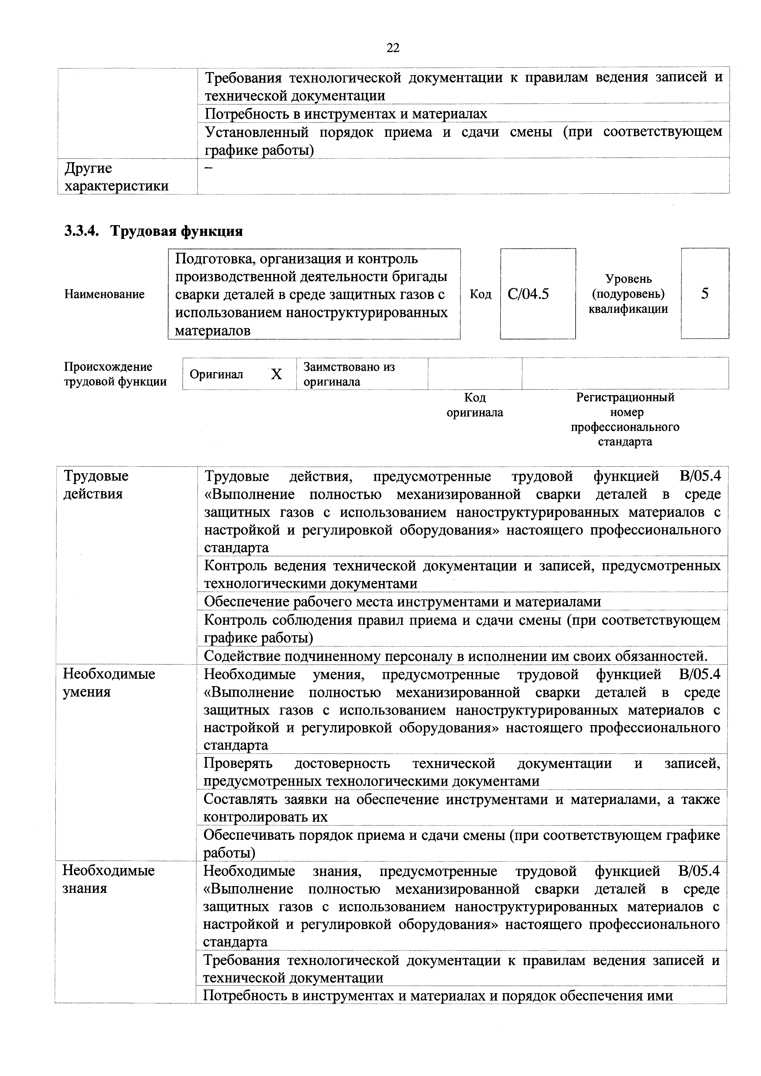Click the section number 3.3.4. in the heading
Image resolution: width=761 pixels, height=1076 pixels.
[82, 231]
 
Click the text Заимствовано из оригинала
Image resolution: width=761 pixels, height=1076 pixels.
[349, 374]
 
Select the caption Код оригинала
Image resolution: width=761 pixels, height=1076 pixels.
[475, 405]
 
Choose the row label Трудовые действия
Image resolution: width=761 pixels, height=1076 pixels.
[96, 485]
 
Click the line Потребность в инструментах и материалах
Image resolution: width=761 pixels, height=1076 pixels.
[346, 114]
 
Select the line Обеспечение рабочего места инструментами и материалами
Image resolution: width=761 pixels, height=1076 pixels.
[402, 602]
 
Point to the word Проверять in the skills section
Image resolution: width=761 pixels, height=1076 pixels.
[238, 764]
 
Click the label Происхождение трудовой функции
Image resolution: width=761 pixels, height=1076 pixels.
[115, 374]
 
